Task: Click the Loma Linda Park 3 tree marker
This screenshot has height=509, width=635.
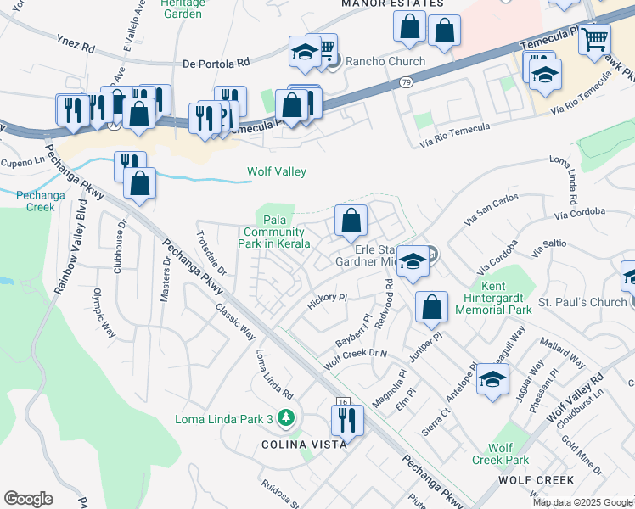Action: point(287,418)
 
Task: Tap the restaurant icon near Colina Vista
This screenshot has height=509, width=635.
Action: point(347,419)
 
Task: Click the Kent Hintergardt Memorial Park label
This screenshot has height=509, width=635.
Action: point(493,299)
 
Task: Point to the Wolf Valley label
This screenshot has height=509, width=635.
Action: point(277,171)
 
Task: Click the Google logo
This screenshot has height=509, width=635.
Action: point(28,499)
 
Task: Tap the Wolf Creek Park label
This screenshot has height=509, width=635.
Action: point(509,454)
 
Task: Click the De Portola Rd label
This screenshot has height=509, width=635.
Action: point(216,62)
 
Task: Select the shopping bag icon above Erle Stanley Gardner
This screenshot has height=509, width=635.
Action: point(351,222)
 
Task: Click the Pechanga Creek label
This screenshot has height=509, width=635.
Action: point(35,200)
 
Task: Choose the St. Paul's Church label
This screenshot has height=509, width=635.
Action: point(582,302)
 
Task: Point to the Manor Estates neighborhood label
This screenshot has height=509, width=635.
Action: point(392,3)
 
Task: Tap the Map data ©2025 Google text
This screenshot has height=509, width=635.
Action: point(582,502)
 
